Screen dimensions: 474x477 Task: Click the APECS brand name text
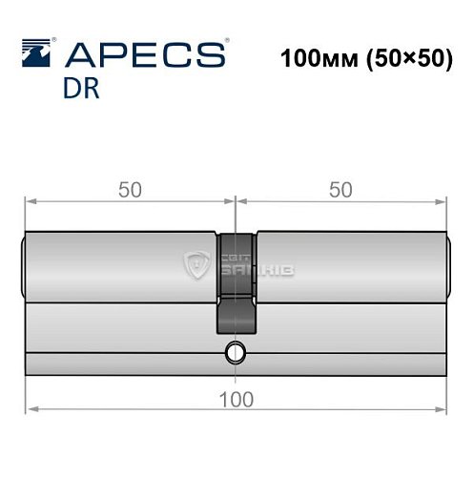coord(145,54)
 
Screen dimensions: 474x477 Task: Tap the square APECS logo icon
coord(36,52)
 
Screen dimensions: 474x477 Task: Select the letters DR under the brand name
coord(81,89)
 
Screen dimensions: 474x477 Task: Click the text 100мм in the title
coord(319,58)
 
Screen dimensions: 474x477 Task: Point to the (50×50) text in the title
coord(409,59)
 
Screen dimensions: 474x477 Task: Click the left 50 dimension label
coord(130,190)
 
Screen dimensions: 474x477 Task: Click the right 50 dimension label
coord(340,190)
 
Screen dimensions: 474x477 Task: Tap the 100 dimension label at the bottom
coord(237,400)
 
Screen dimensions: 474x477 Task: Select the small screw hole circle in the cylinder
coord(236,353)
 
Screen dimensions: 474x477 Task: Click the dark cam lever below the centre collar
coord(237,315)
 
